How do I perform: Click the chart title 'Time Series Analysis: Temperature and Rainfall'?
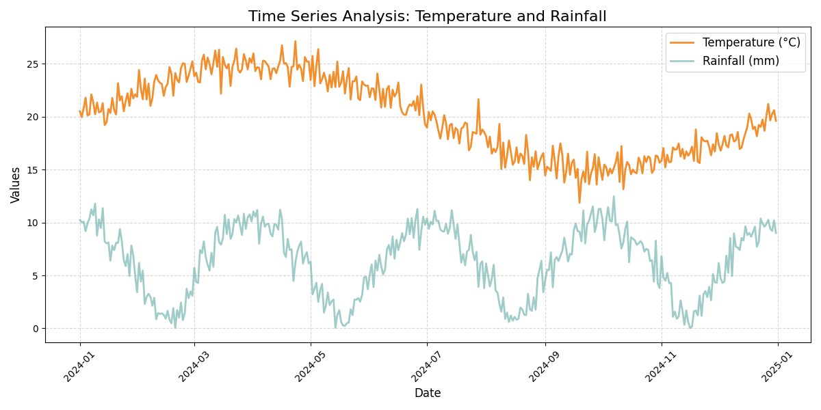tap(427, 16)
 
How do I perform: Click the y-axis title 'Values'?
tap(16, 184)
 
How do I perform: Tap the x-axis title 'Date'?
tap(427, 393)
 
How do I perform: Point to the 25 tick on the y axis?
tap(32, 64)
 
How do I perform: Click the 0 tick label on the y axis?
tap(35, 329)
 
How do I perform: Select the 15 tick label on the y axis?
tap(32, 170)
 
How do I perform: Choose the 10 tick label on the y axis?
tap(32, 223)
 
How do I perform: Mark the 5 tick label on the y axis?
tap(35, 276)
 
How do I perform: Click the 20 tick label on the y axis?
tap(32, 117)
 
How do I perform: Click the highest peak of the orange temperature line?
tap(296, 41)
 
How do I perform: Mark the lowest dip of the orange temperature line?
tap(579, 203)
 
